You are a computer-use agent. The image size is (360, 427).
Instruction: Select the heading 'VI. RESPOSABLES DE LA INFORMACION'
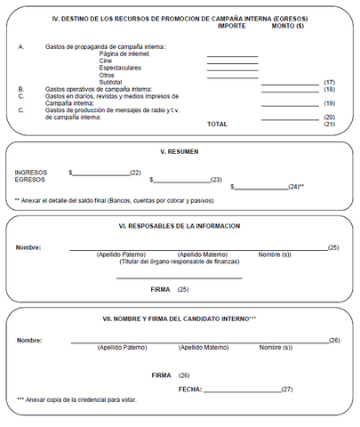pyautogui.click(x=180, y=226)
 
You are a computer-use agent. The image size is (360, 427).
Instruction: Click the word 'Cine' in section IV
pyautogui.click(x=106, y=60)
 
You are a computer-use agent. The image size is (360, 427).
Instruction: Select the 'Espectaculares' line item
pyautogui.click(x=119, y=68)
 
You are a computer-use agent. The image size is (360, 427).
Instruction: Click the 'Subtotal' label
pyautogui.click(x=111, y=82)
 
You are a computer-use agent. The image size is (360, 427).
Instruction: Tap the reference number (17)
pyautogui.click(x=329, y=82)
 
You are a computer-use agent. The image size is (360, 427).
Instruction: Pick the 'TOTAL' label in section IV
pyautogui.click(x=217, y=124)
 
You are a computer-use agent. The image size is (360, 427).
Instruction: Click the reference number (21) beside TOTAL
pyautogui.click(x=329, y=124)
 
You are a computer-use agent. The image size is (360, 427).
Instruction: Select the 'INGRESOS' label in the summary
pyautogui.click(x=30, y=172)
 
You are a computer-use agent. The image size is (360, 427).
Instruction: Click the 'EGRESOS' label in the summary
pyautogui.click(x=29, y=180)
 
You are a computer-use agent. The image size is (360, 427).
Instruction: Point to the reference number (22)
pyautogui.click(x=135, y=172)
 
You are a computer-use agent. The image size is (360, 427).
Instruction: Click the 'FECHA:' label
pyautogui.click(x=189, y=389)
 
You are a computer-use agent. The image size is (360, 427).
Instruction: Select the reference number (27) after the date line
pyautogui.click(x=286, y=389)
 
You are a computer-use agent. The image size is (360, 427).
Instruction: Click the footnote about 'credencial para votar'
pyautogui.click(x=76, y=399)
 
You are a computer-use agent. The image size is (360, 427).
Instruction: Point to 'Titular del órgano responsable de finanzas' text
pyautogui.click(x=179, y=262)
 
